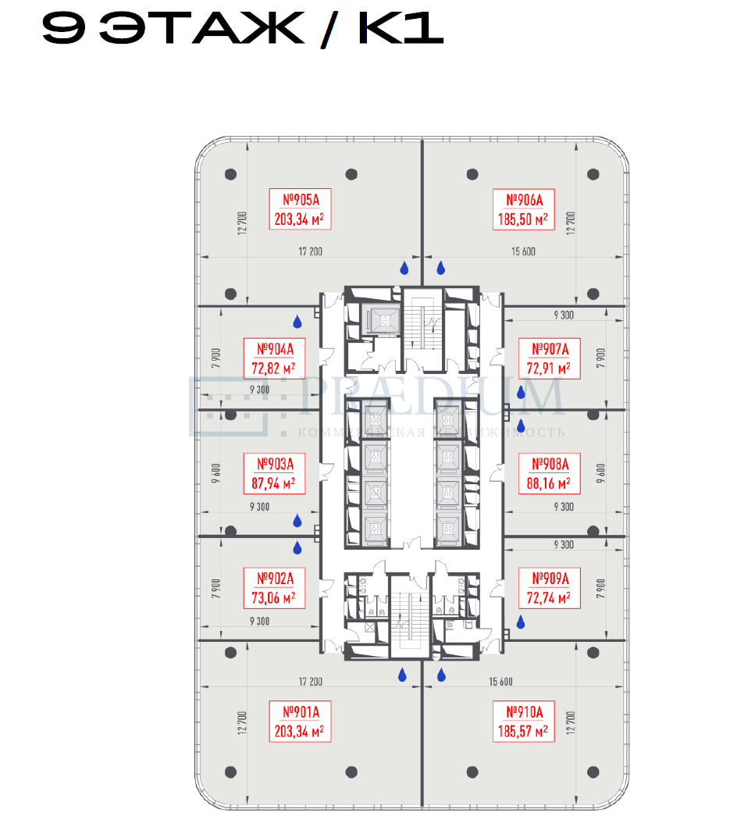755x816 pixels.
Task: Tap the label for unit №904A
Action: coord(273,348)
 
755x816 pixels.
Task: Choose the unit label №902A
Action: coord(273,579)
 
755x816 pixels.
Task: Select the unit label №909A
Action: coord(550,579)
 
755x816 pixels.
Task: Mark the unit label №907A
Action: coord(550,348)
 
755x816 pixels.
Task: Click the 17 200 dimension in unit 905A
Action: coord(310,251)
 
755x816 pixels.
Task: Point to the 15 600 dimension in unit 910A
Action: coord(500,682)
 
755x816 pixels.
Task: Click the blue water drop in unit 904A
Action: coord(297,322)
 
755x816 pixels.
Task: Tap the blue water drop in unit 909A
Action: coord(521,622)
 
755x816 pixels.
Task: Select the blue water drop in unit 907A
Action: coord(521,393)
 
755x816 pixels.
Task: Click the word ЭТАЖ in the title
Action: coord(203,29)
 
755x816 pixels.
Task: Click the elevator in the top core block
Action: coord(383,319)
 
